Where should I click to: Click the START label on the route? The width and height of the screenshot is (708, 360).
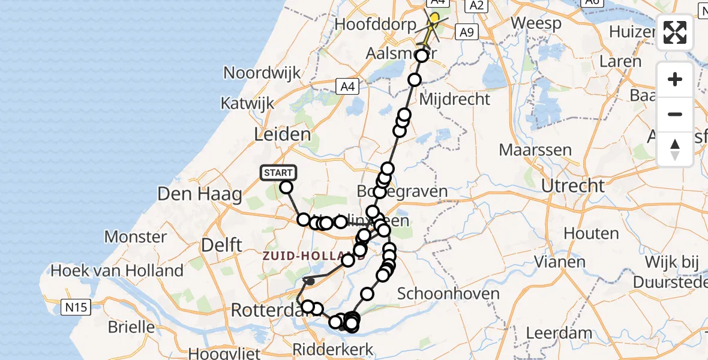pyautogui.click(x=278, y=173)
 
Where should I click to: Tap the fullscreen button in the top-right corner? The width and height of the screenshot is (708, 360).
pyautogui.click(x=675, y=32)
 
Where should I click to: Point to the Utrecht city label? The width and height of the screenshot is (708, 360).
pyautogui.click(x=572, y=185)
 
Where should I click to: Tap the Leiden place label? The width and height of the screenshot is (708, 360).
pyautogui.click(x=283, y=134)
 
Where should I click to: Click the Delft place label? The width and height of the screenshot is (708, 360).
pyautogui.click(x=222, y=245)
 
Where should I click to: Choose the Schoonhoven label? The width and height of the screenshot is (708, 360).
pyautogui.click(x=449, y=293)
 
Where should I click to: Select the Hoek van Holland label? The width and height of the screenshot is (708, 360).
pyautogui.click(x=117, y=271)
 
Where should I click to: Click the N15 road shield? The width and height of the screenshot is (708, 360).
pyautogui.click(x=76, y=308)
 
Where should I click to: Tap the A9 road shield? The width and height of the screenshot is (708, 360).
pyautogui.click(x=466, y=32)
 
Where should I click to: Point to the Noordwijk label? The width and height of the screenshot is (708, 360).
pyautogui.click(x=262, y=73)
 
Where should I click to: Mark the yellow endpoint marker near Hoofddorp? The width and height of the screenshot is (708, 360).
pyautogui.click(x=434, y=19)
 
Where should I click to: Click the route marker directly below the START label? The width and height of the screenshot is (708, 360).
pyautogui.click(x=286, y=188)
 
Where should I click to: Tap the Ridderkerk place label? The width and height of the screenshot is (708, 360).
pyautogui.click(x=333, y=349)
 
